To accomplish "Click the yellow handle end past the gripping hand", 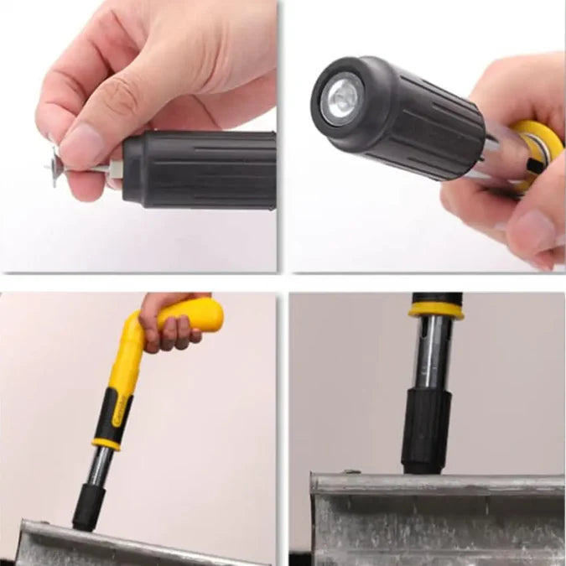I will (x=206, y=314).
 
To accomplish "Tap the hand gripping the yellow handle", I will (x=168, y=323).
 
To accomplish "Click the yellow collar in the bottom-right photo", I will (x=436, y=311).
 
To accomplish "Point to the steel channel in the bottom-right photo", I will (x=436, y=520).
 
